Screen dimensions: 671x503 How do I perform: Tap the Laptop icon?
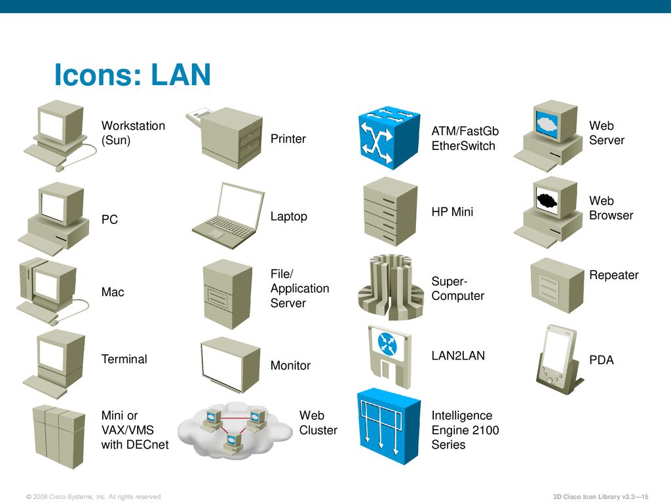tap(228, 216)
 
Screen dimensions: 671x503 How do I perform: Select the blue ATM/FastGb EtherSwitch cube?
tap(389, 138)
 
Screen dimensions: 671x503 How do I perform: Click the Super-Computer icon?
tap(391, 288)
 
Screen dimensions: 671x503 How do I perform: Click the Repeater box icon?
tap(557, 286)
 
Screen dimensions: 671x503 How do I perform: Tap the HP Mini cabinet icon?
tap(390, 212)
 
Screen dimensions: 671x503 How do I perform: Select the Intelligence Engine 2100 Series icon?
tap(389, 426)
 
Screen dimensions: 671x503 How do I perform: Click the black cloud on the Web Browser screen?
tap(547, 200)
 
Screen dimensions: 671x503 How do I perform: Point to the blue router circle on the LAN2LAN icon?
tap(387, 344)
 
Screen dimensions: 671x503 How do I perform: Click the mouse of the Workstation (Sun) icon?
tap(60, 168)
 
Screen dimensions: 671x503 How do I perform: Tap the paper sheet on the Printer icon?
tap(199, 114)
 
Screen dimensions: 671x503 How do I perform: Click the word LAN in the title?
tap(181, 75)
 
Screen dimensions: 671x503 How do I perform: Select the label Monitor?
tap(290, 365)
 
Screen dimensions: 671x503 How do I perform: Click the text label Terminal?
tap(124, 359)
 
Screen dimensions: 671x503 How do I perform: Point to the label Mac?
tap(113, 292)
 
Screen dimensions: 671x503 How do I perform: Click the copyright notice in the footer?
tap(94, 496)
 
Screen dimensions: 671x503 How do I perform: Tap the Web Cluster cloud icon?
tap(235, 430)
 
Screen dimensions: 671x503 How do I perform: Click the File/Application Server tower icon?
tap(227, 294)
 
